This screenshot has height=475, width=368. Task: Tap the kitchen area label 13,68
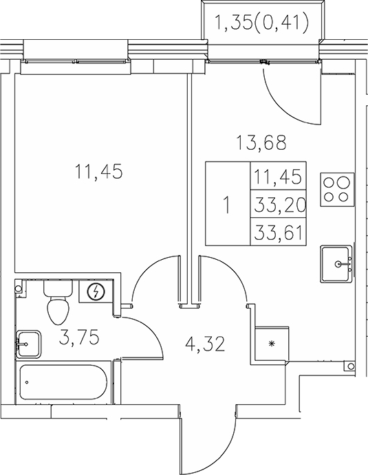[261, 144]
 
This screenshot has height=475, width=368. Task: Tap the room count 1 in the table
[228, 204]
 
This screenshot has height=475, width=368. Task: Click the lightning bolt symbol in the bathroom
[98, 293]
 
